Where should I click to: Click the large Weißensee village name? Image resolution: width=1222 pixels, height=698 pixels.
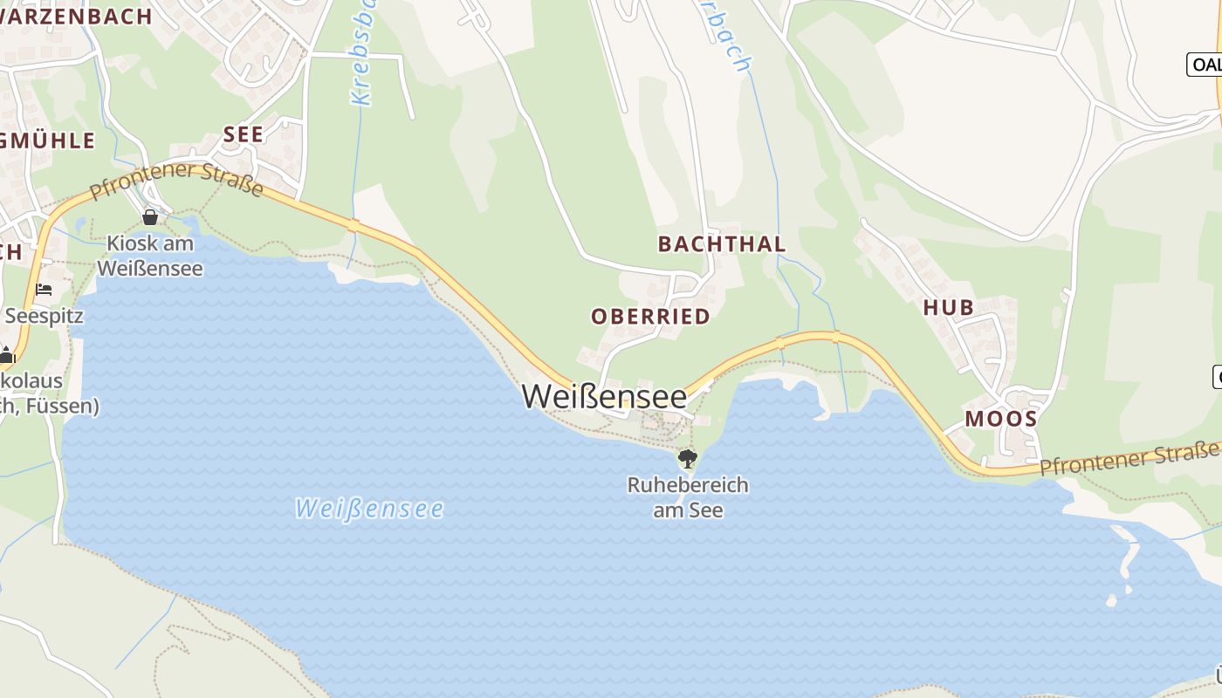coord(604,396)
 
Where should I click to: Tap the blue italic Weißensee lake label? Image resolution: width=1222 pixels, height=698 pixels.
coord(369,508)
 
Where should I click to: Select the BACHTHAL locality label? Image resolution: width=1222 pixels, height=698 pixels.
coord(722,244)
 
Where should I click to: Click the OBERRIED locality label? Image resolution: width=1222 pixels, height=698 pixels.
coord(650,317)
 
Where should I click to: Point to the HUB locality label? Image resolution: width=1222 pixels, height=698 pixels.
coord(949,307)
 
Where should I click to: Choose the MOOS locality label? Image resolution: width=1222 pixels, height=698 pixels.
coord(1000,419)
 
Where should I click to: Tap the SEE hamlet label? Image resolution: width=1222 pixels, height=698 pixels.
coord(243,134)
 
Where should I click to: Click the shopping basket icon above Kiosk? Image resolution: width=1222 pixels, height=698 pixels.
coord(150,216)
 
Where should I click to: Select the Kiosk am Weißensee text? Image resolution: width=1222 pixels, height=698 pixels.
coord(149,256)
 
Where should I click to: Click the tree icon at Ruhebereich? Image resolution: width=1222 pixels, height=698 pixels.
coord(688,458)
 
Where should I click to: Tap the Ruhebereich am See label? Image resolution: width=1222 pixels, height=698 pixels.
coord(688,497)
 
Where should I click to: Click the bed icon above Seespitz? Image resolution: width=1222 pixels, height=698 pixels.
coord(44,289)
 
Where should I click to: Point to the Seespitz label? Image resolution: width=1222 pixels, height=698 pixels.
coord(44,316)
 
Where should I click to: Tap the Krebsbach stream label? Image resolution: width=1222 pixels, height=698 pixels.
coord(362,52)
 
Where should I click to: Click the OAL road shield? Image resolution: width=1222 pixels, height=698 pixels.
coord(1205,64)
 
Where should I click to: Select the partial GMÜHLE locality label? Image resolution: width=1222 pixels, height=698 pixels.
coord(48,141)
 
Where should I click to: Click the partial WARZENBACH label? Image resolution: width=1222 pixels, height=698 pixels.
coord(76,16)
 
